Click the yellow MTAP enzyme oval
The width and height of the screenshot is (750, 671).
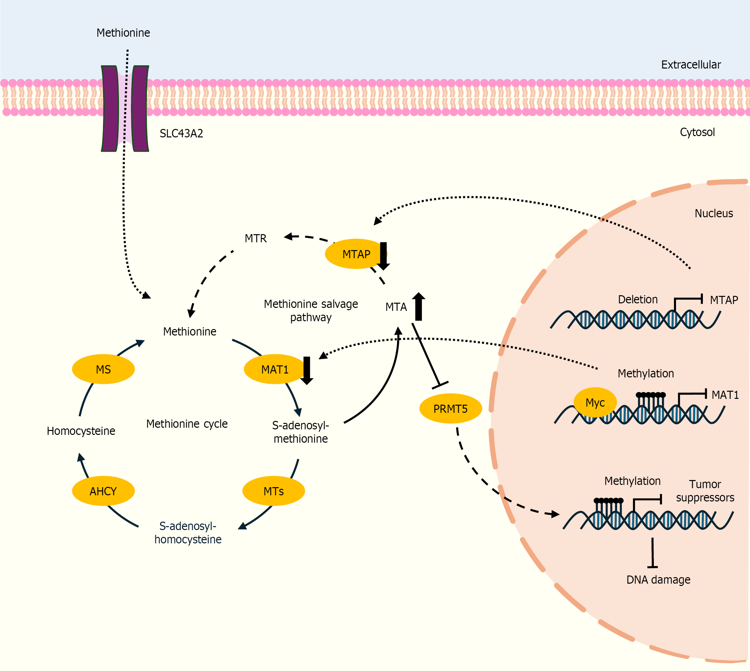point(354,254)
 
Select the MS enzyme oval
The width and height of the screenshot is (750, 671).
point(103,369)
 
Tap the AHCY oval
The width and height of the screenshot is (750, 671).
point(103,491)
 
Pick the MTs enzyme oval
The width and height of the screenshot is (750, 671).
point(273,491)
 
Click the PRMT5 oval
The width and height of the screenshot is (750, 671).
point(450,409)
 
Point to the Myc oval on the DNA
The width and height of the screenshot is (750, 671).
point(595,402)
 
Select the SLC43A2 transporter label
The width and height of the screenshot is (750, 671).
point(181,133)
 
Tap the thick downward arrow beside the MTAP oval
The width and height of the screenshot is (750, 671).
point(383,256)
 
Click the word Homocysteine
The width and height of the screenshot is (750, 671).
point(81,431)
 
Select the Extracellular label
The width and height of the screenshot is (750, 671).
point(691,65)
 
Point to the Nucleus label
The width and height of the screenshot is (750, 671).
point(714,213)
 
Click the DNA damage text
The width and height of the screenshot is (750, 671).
point(658,579)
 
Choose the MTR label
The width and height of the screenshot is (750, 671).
point(256,238)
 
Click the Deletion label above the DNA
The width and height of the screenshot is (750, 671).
point(638,299)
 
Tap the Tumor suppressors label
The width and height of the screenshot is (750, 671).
point(705,491)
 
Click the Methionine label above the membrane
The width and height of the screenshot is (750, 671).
point(123,33)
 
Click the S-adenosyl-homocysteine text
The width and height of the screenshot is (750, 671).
point(188,532)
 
